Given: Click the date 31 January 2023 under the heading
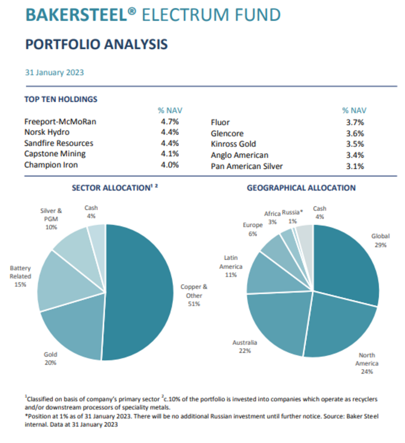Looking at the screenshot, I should pyautogui.click(x=54, y=72).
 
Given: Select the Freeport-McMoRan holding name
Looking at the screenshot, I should pyautogui.click(x=60, y=122).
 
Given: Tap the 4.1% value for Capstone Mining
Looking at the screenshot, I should pyautogui.click(x=170, y=154).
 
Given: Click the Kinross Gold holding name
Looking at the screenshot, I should pyautogui.click(x=233, y=144).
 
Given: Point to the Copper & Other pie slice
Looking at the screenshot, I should pyautogui.click(x=143, y=291).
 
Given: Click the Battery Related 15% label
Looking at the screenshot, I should pyautogui.click(x=21, y=276).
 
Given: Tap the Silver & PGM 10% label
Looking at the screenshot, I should pyautogui.click(x=51, y=219).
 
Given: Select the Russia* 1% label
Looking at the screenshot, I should pyautogui.click(x=291, y=217).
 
